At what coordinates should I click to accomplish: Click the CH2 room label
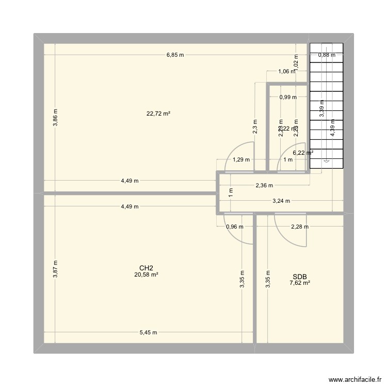[146, 268]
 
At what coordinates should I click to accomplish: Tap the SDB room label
[299, 276]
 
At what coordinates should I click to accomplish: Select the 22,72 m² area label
[158, 114]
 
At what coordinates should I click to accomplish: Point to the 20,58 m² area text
[146, 275]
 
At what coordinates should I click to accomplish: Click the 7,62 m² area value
[299, 283]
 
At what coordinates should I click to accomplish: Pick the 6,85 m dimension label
[175, 55]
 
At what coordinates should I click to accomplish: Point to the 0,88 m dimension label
[326, 55]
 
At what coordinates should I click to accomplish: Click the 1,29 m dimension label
[241, 160]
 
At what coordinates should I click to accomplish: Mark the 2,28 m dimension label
[299, 227]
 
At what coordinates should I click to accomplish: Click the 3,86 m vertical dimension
[56, 118]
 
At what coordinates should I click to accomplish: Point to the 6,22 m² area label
[303, 153]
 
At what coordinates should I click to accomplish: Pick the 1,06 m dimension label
[286, 72]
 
